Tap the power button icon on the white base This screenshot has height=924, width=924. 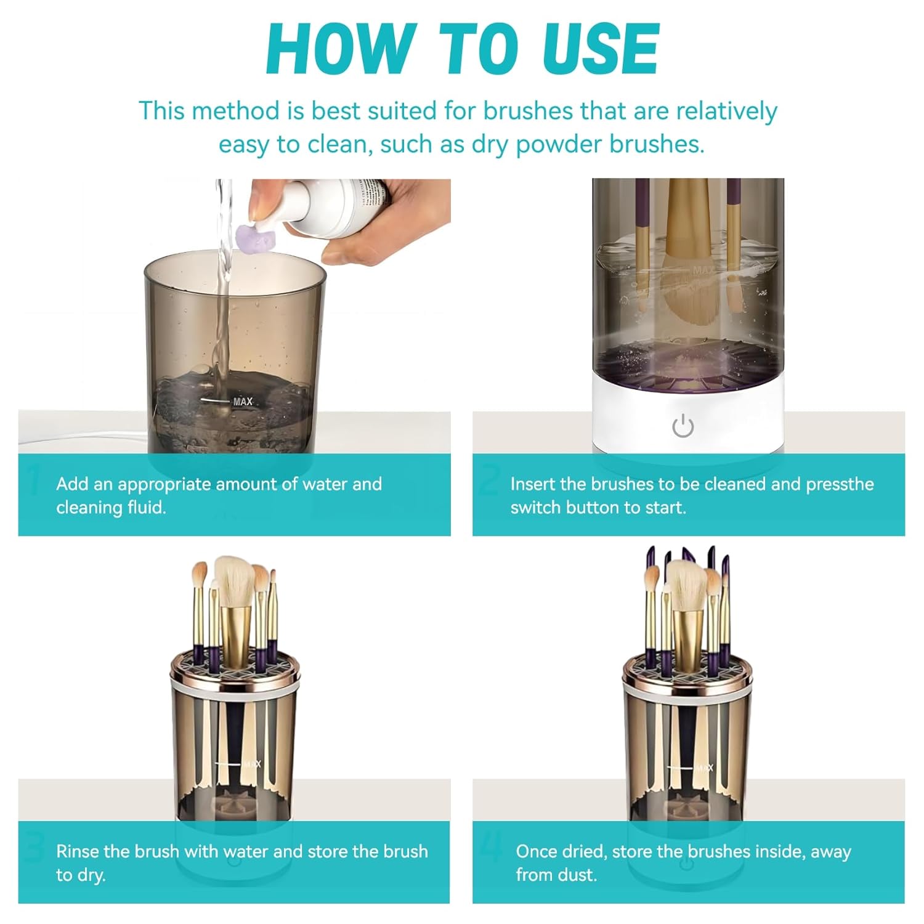point(683,426)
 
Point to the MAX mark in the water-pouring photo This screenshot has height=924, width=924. point(243,402)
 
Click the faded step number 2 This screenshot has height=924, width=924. point(490,480)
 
